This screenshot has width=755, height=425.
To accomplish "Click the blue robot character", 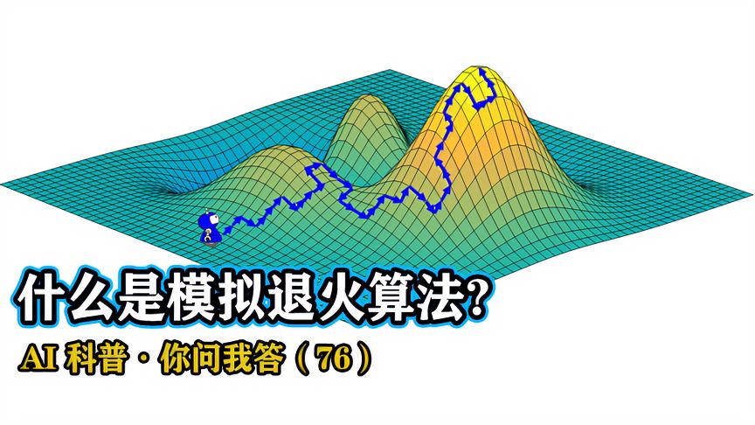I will [208, 230].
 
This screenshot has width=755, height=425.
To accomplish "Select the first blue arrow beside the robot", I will [229, 229].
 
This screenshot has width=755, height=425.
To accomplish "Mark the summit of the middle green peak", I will [367, 99].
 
